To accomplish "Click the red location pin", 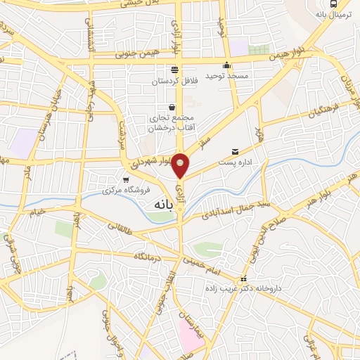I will click(x=181, y=165).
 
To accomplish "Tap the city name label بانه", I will click(x=164, y=204).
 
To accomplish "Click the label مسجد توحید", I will click(x=224, y=75).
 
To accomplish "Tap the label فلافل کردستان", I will click(x=174, y=82).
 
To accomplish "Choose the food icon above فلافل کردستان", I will click(x=174, y=70).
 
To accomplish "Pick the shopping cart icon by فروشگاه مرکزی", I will click(x=126, y=180).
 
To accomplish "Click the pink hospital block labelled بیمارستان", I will click(x=191, y=330).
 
